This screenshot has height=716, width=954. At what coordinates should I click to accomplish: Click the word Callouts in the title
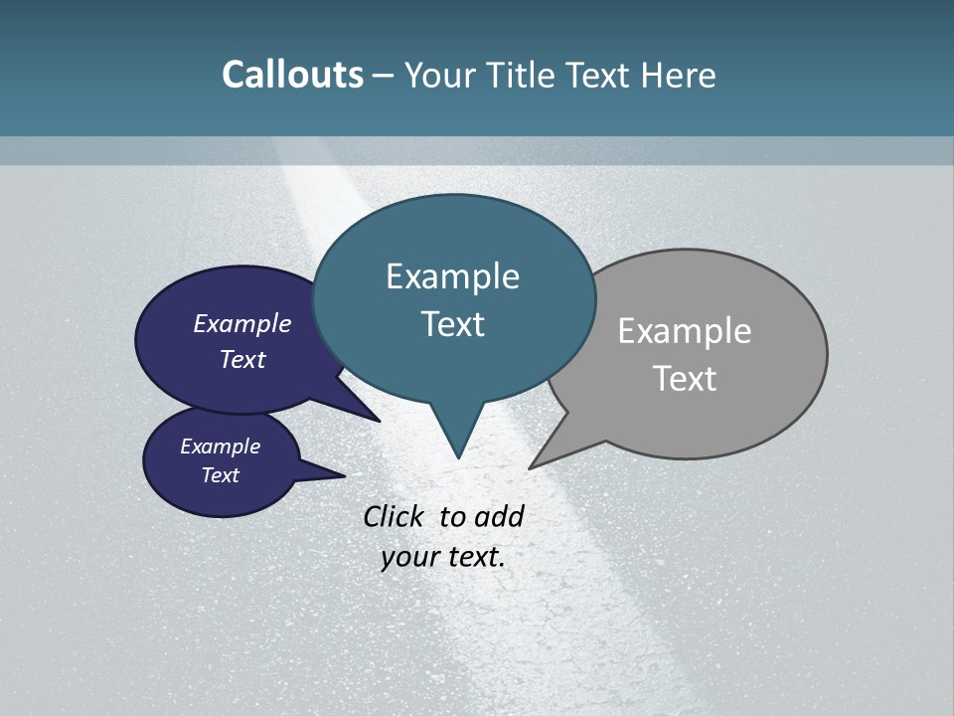tap(292, 76)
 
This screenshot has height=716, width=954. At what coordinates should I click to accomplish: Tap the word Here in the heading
tap(679, 76)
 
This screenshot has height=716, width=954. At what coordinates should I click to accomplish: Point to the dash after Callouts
tap(384, 76)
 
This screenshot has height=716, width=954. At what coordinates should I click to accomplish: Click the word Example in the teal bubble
tap(452, 276)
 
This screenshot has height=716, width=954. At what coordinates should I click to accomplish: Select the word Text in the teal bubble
tap(452, 324)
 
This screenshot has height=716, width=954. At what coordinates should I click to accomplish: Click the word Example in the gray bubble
tap(685, 331)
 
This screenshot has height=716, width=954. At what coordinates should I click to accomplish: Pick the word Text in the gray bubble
tap(685, 379)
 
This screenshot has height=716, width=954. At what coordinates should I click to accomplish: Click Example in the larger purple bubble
tap(242, 324)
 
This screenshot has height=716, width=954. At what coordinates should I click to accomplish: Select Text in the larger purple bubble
tap(242, 359)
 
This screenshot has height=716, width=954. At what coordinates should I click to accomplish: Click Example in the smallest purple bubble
tap(221, 447)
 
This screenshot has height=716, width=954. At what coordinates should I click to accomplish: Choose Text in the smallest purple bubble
tap(221, 475)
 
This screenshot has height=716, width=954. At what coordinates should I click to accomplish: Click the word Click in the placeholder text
tap(394, 516)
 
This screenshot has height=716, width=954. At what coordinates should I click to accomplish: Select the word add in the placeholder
tap(499, 516)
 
